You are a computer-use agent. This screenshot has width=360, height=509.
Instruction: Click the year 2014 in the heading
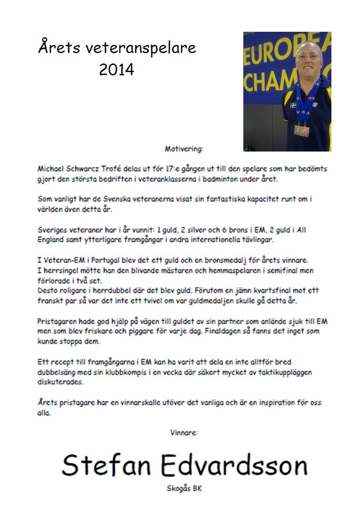117,70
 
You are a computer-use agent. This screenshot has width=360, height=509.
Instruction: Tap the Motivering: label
184,148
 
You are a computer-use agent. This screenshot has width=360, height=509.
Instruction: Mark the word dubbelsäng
59,372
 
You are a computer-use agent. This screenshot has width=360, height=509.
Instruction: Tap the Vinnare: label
184,433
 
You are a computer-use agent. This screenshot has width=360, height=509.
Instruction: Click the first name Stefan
107,465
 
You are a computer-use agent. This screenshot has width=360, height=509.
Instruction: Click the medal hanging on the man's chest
301,130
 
